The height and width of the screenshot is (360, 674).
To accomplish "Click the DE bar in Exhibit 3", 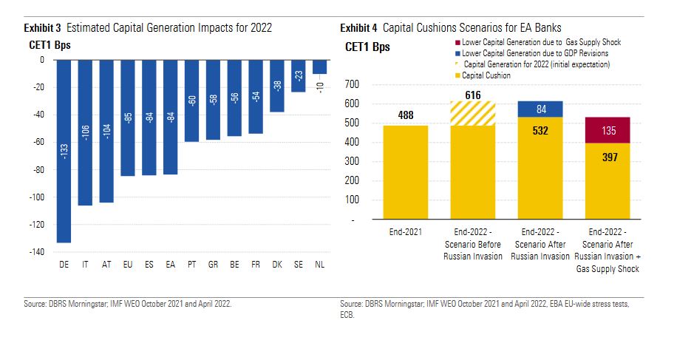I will (64, 151).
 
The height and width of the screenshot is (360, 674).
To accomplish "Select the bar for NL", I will (319, 67).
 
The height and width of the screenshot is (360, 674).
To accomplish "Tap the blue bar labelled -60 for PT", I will (191, 101).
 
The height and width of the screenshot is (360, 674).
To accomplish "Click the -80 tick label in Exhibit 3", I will (35, 170).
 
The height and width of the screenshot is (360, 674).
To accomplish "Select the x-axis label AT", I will (106, 265).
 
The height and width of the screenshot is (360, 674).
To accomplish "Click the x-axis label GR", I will (213, 265).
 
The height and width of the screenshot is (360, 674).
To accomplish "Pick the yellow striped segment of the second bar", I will (472, 113).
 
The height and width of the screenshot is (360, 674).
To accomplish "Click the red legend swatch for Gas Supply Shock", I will (460, 43).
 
